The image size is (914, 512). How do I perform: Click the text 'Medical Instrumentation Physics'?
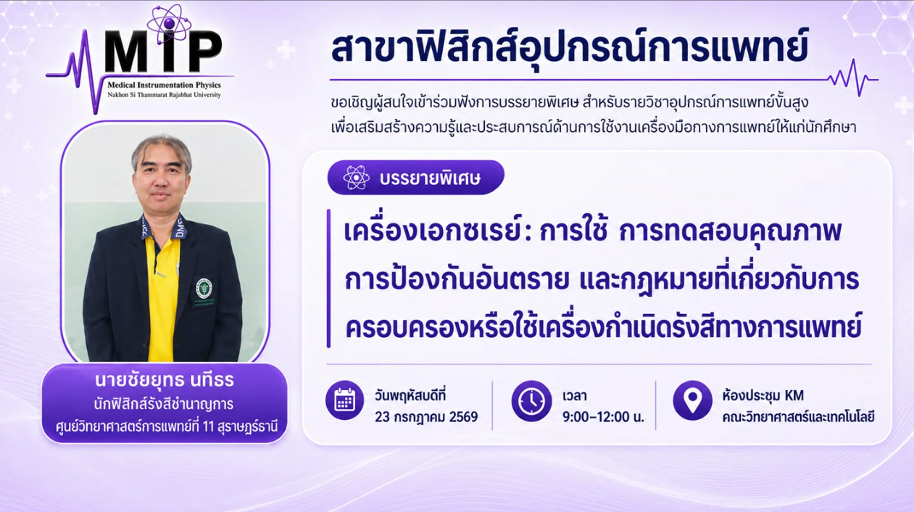point(164,85)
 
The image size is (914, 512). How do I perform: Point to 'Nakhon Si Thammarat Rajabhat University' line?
point(164,95)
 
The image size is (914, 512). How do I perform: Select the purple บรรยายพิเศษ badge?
point(416,178)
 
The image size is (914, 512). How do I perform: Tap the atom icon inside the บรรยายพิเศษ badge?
point(356,178)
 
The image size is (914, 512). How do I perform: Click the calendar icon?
point(345,400)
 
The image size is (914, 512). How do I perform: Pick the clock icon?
point(532,401)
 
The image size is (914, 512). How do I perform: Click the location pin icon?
point(692,400)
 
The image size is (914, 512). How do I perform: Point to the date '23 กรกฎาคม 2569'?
point(426,417)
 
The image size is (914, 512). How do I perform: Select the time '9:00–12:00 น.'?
point(603,417)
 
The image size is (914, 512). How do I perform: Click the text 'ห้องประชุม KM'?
point(763,396)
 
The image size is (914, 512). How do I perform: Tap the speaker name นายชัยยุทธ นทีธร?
point(165,380)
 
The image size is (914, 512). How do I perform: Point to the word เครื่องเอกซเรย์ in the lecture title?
point(433,231)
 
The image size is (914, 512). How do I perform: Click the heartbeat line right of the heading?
point(853,79)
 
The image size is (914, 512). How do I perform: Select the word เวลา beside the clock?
point(575,396)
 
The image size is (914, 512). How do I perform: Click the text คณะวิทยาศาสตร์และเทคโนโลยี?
point(798,417)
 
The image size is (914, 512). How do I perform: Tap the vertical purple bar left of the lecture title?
point(328,278)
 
